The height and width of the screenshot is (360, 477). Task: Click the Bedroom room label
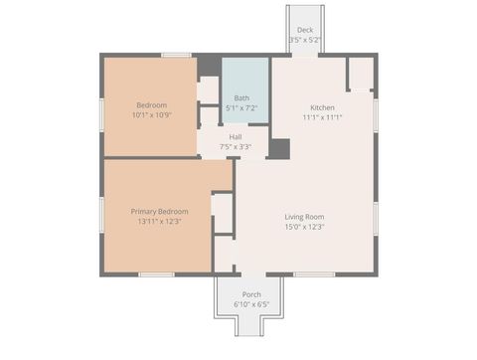click(152, 105)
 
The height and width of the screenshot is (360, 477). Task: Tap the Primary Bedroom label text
click(159, 211)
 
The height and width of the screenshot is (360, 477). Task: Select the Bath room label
click(241, 97)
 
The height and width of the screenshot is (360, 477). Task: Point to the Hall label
click(236, 137)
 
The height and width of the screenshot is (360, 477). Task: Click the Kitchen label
click(322, 107)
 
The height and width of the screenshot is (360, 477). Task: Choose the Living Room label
click(304, 217)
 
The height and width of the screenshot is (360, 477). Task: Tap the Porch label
click(250, 294)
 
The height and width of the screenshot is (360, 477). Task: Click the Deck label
click(304, 31)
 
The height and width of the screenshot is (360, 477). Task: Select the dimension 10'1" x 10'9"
click(152, 115)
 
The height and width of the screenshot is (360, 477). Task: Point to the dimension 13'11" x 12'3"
click(159, 221)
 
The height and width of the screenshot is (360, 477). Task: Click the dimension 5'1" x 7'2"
click(241, 107)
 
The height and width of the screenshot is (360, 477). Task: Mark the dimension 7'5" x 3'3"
click(236, 147)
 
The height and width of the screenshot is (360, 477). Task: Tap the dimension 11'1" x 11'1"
click(322, 117)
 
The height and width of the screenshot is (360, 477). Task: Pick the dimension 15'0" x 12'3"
click(304, 227)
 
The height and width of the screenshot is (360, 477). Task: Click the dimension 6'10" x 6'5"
click(250, 304)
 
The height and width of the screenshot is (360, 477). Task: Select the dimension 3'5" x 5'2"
click(304, 41)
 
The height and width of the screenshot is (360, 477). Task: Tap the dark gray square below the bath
click(279, 149)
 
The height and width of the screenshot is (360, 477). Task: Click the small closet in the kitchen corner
click(360, 74)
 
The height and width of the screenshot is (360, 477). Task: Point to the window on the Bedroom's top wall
click(176, 56)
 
